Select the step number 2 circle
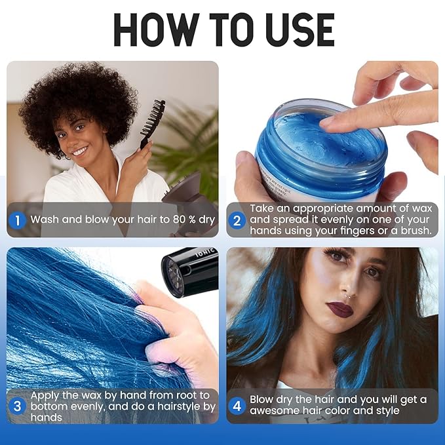pos(237,220)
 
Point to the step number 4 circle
pos(237,406)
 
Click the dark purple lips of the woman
pos(340,307)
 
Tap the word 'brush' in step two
pos(415,231)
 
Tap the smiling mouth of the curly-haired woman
pos(80,151)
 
